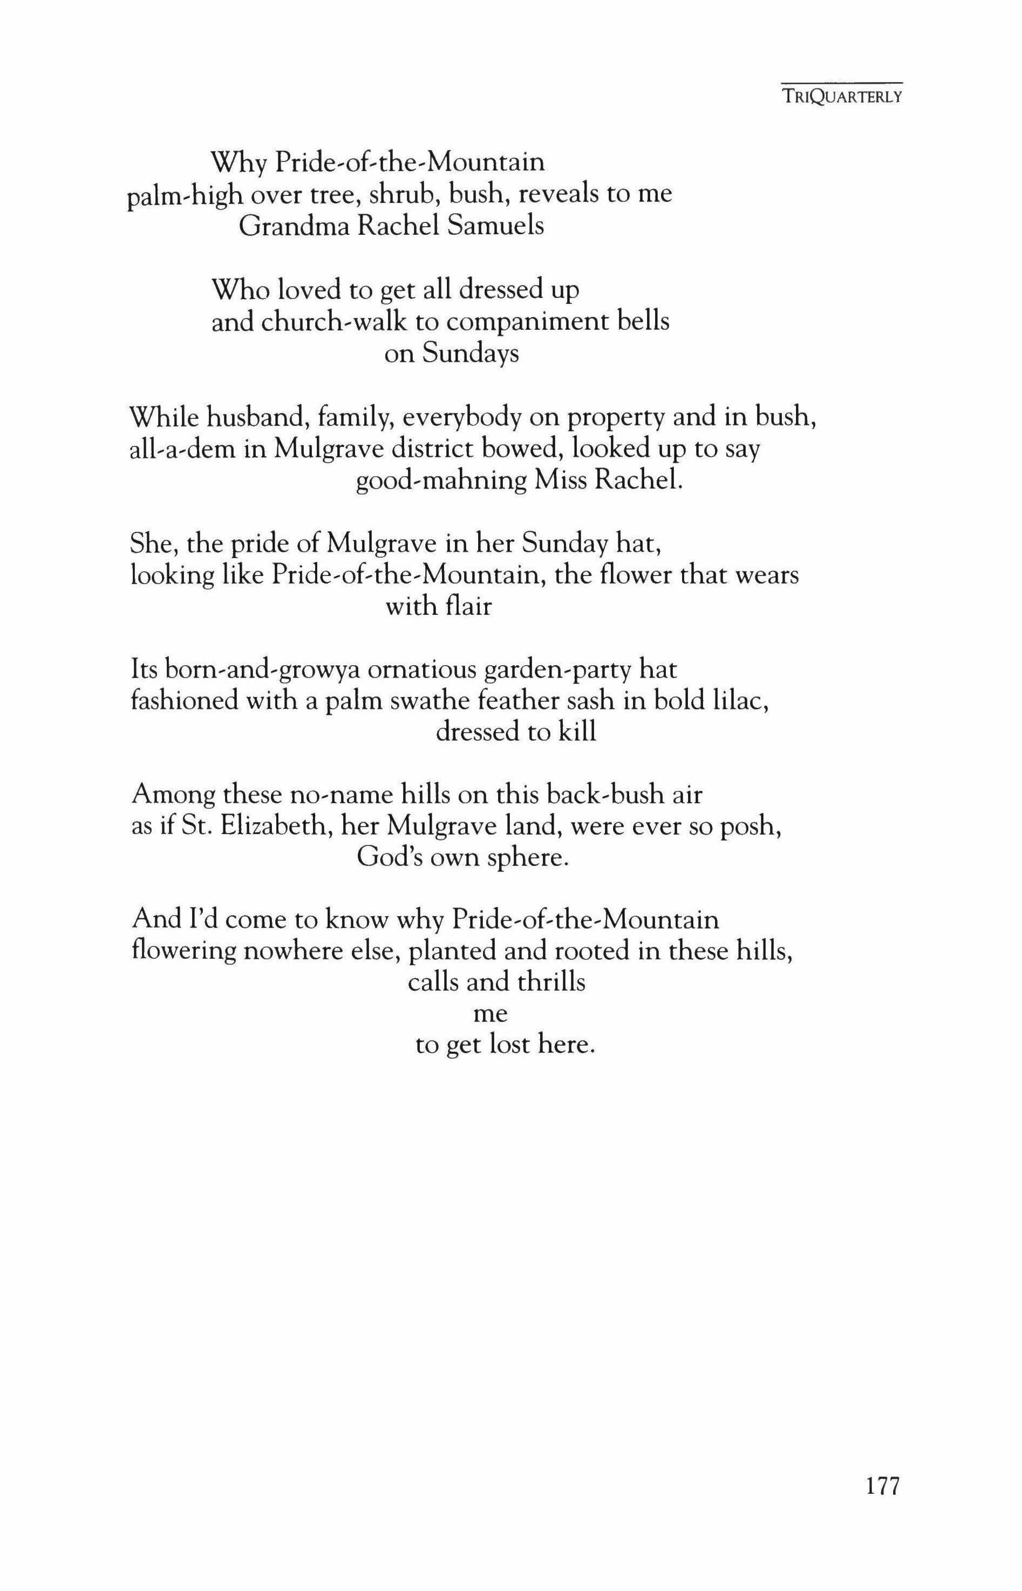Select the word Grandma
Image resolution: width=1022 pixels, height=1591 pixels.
click(294, 226)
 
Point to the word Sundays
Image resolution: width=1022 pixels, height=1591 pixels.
click(471, 355)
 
